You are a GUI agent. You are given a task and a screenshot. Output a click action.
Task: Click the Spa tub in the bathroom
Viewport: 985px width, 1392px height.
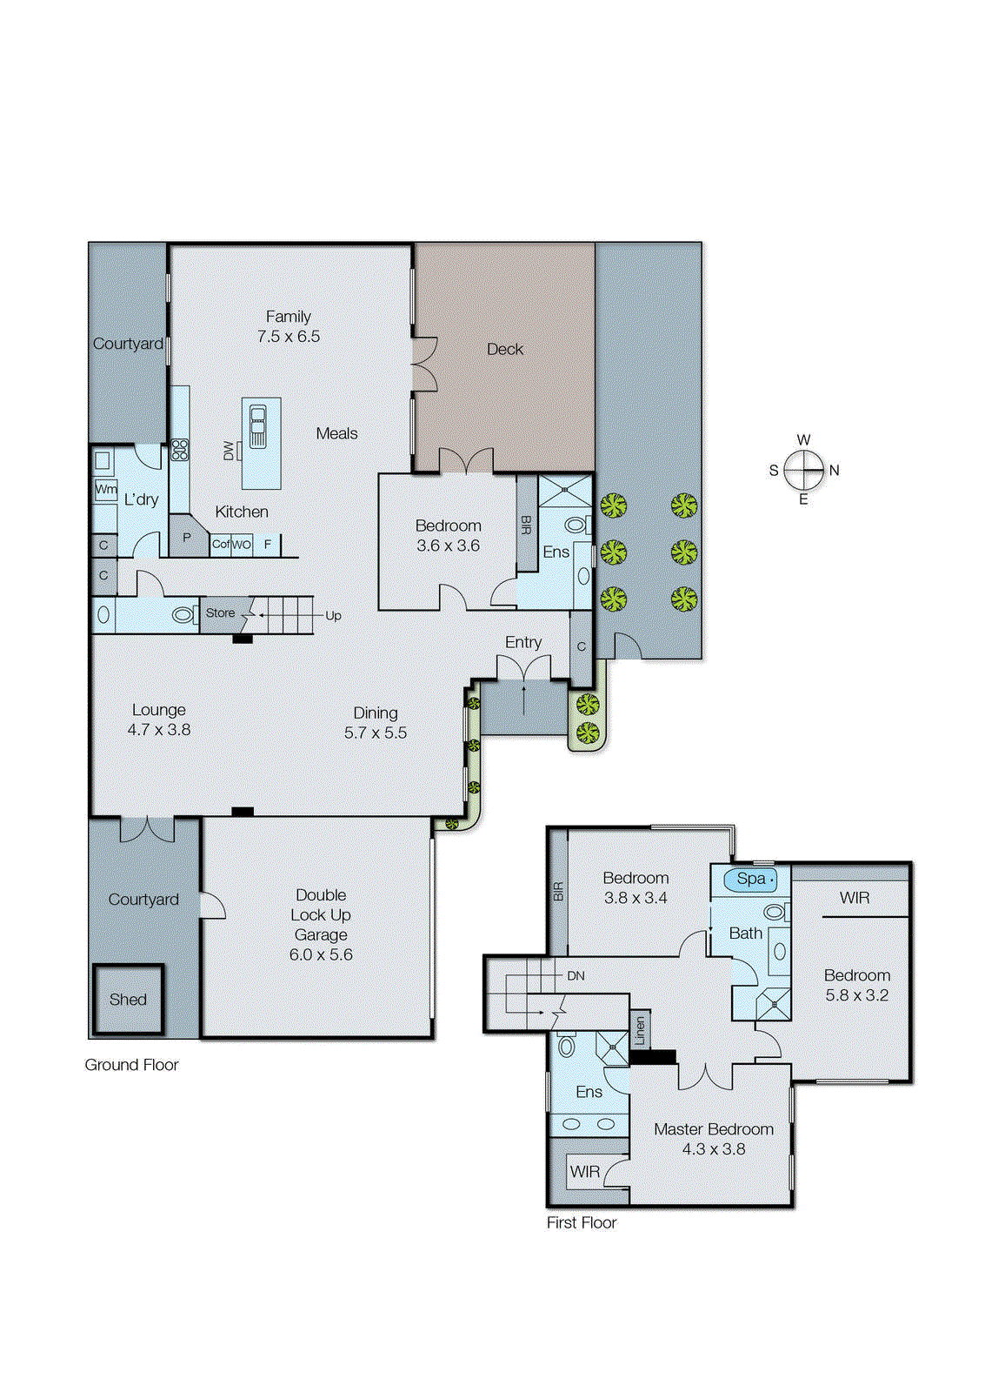click(x=750, y=880)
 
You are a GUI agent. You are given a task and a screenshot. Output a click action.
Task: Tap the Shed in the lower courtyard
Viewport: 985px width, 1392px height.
click(x=128, y=1000)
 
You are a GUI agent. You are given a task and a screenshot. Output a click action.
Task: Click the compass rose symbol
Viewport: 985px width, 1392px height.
click(x=803, y=471)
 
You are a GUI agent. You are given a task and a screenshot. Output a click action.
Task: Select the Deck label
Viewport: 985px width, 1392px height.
click(x=505, y=350)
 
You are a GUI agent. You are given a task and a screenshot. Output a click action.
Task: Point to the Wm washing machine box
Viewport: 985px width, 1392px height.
click(x=106, y=489)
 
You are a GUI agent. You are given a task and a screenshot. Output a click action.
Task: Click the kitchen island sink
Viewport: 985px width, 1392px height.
click(x=258, y=426)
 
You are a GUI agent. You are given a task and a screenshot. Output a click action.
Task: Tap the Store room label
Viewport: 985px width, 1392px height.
click(x=220, y=613)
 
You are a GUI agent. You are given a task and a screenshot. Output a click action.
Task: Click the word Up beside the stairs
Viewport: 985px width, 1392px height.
click(x=333, y=616)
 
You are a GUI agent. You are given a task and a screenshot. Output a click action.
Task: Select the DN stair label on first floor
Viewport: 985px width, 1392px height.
click(x=576, y=976)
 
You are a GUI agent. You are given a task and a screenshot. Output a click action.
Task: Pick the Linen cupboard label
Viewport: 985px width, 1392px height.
click(x=640, y=1031)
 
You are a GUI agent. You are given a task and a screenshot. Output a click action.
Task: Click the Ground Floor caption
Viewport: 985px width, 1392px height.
click(x=131, y=1065)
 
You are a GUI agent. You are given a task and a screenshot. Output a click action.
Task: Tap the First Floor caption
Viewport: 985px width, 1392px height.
click(x=581, y=1223)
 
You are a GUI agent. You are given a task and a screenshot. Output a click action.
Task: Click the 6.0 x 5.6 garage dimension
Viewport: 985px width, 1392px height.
click(x=321, y=955)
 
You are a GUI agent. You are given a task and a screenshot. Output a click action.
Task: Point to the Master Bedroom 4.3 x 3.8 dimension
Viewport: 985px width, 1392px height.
click(x=713, y=1149)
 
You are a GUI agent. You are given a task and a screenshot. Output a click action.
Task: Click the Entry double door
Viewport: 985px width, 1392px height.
click(x=523, y=668)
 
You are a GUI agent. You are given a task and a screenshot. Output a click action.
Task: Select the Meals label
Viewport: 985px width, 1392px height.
click(x=336, y=433)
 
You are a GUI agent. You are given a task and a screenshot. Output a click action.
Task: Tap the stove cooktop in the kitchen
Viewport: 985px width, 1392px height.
click(x=180, y=450)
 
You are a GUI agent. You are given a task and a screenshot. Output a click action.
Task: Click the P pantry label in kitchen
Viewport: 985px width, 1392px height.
click(x=186, y=538)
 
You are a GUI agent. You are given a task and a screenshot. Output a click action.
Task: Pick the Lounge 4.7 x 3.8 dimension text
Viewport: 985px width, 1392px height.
click(x=158, y=730)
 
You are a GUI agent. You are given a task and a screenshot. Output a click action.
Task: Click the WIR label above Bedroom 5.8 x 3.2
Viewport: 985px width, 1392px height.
click(x=854, y=898)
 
